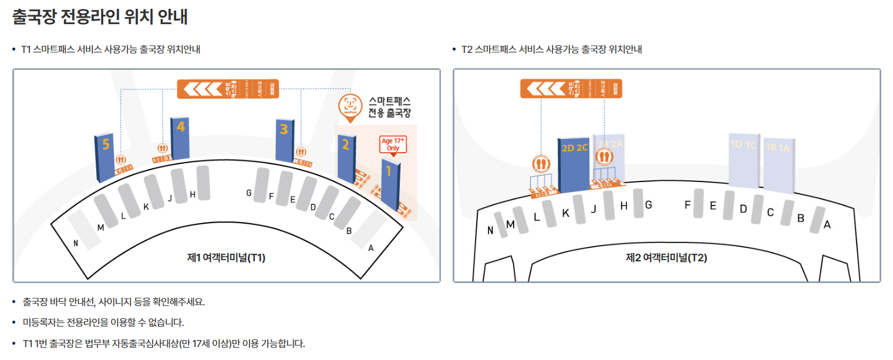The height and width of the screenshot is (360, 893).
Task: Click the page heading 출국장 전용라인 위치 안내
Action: point(100,16)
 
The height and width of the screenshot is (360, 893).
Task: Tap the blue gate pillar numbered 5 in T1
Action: point(104,157)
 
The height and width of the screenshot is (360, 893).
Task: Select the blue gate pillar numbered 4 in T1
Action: point(180,138)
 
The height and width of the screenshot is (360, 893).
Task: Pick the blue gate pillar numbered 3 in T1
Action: point(285,139)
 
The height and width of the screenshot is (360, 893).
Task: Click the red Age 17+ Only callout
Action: point(393,145)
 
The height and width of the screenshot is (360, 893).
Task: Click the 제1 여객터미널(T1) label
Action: point(226,257)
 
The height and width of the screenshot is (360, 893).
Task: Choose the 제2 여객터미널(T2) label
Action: point(666,257)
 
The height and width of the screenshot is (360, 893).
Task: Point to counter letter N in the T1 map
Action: point(75,243)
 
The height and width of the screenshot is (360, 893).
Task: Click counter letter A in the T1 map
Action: point(370,248)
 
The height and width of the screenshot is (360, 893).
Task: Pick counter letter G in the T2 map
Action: point(648,205)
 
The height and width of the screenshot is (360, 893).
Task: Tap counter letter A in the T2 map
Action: point(827,224)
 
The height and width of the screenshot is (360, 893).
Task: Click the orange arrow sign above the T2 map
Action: point(572,89)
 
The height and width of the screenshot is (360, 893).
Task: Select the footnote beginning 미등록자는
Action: point(103,322)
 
